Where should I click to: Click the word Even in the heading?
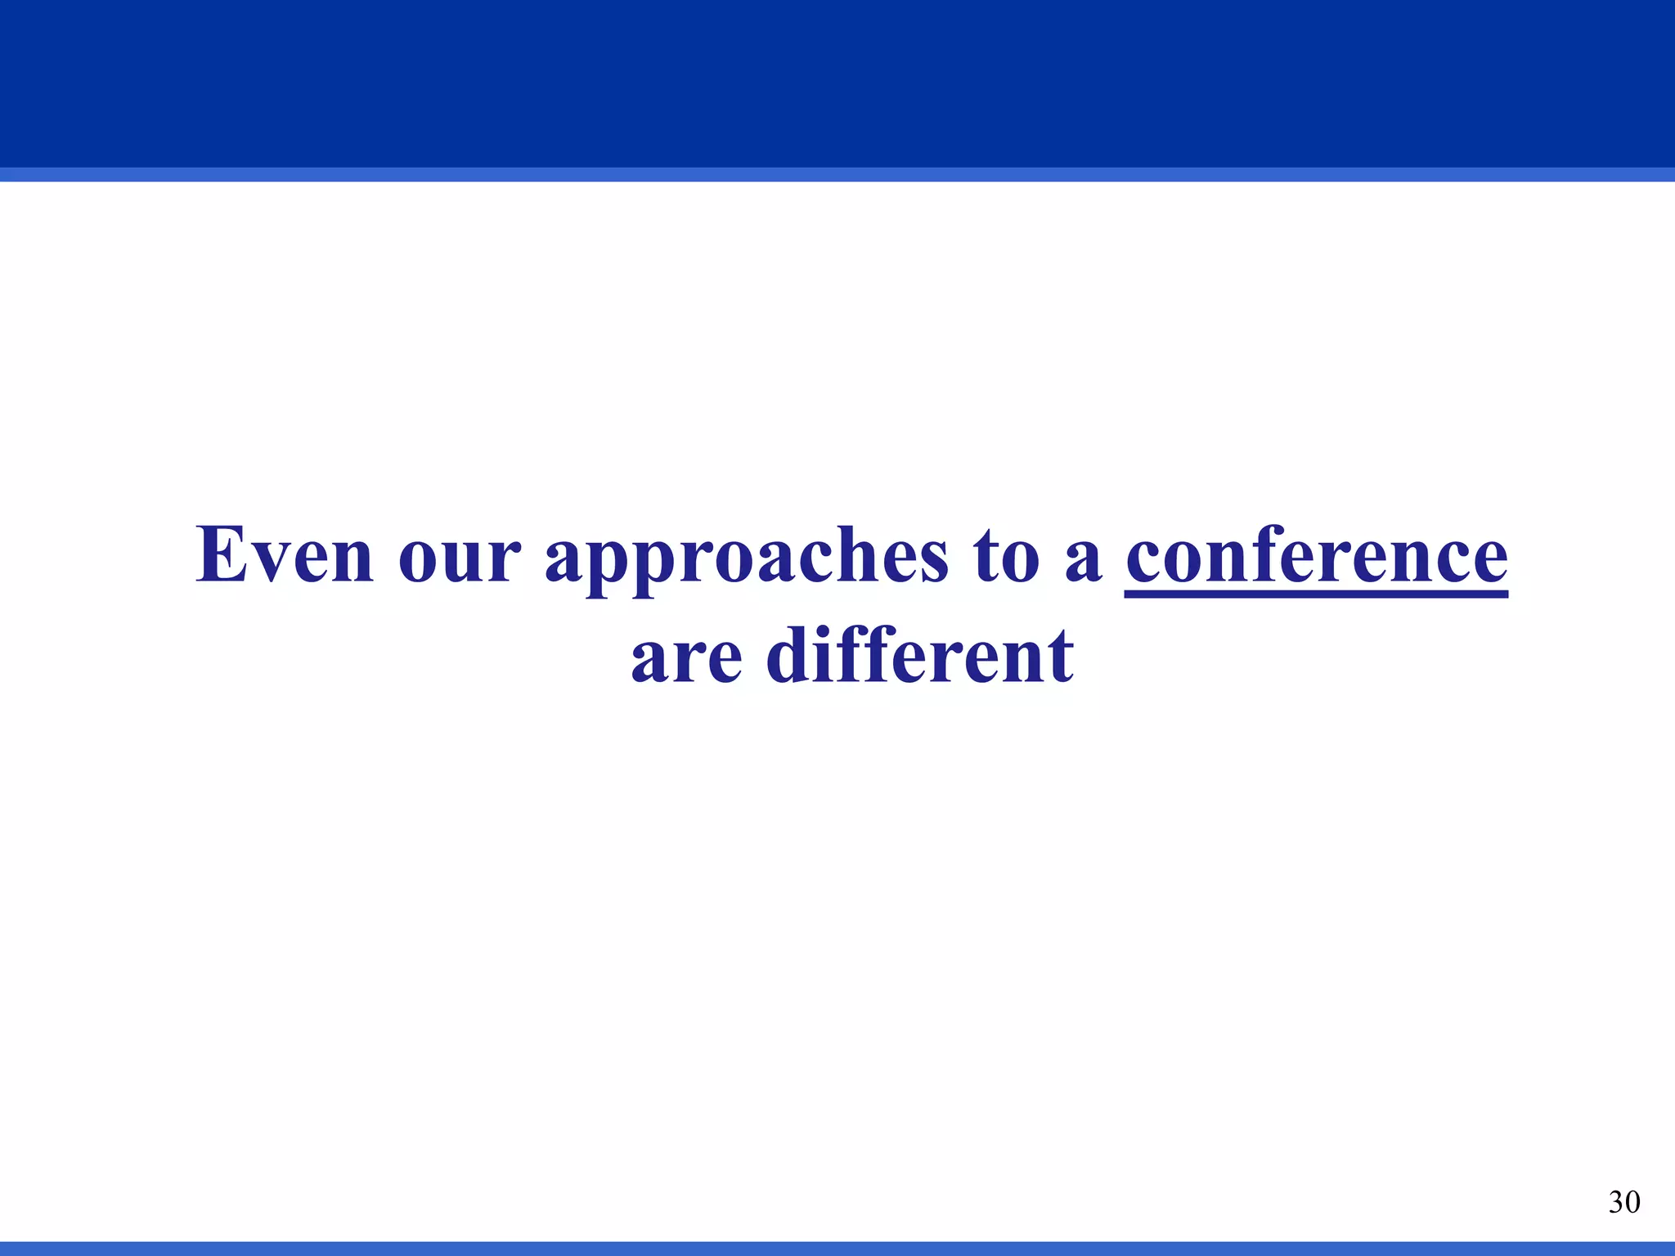click(285, 555)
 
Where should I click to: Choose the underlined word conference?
click(1316, 555)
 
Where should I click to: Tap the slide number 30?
click(1623, 1202)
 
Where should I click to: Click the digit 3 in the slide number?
click(1615, 1202)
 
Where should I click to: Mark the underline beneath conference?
click(1316, 594)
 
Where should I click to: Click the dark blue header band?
click(837, 82)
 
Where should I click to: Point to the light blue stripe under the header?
click(837, 174)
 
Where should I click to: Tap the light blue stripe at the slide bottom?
click(837, 1249)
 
